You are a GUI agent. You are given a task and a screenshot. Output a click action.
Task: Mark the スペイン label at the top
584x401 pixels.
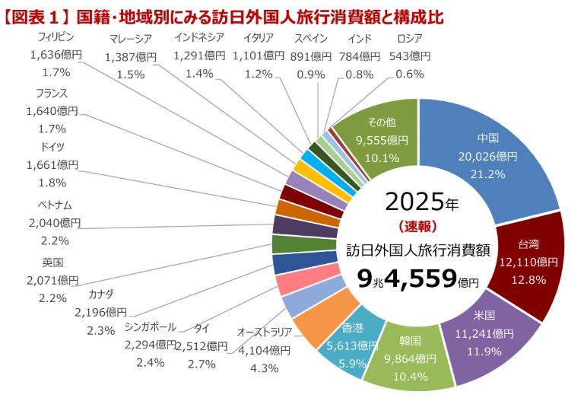pyautogui.click(x=311, y=38)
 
